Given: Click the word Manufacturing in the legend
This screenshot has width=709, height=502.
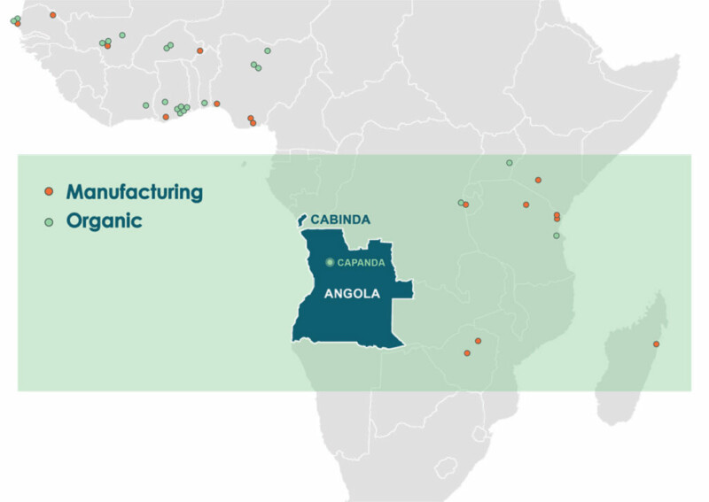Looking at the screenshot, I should tap(135, 191).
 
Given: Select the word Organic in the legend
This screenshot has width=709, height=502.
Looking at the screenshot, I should tap(105, 221).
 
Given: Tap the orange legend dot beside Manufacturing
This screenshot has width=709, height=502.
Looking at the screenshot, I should tap(50, 192).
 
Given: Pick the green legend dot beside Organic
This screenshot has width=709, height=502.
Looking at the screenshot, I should tap(50, 221).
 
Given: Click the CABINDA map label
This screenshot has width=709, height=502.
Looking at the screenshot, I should tap(340, 220).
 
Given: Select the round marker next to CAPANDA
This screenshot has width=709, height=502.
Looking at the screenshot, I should tap(330, 262).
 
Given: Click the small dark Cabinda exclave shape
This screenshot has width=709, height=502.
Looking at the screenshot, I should tap(301, 219).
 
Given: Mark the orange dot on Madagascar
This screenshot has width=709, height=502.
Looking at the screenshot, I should tap(656, 344).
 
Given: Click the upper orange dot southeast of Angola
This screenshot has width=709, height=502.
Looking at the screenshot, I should tap(478, 341).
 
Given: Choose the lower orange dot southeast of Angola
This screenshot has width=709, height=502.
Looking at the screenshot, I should tap(467, 353).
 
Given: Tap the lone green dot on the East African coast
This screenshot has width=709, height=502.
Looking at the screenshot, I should tap(557, 236).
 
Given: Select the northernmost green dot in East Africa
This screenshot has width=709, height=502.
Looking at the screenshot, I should tap(509, 163).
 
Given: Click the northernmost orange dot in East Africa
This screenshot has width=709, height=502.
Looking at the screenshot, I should tap(538, 180).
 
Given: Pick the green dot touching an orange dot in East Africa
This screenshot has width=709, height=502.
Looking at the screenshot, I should tap(461, 204).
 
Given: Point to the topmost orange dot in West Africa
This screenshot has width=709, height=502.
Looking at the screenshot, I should tap(53, 15).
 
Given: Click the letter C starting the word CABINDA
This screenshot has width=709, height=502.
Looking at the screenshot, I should tap(316, 220).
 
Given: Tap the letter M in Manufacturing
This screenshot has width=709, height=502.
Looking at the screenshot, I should tap(75, 191).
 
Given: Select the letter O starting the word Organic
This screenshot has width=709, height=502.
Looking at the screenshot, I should tap(74, 221).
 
